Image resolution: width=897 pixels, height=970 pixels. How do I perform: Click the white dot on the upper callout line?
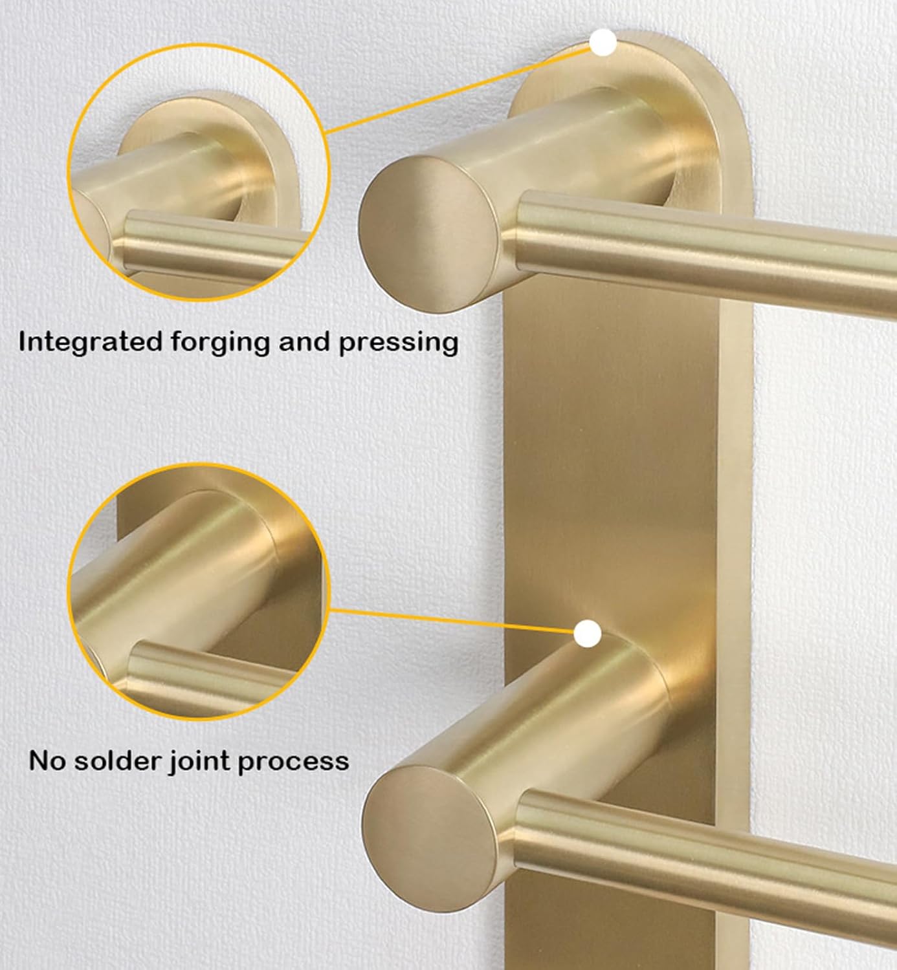[x=603, y=43]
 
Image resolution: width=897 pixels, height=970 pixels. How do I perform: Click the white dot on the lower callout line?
[x=588, y=634]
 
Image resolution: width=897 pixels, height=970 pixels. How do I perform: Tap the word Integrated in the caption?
[x=89, y=342]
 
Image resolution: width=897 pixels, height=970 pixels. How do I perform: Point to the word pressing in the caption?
[x=398, y=343]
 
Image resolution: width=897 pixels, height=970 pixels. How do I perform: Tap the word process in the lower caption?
[x=293, y=762]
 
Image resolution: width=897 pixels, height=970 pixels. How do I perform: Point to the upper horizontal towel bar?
[x=712, y=252]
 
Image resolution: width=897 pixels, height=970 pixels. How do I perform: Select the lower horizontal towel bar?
[x=712, y=854]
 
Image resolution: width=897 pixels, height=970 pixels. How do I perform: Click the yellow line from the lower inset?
[x=453, y=621]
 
